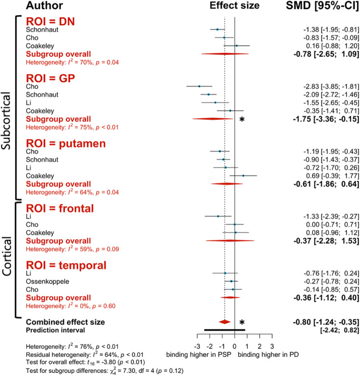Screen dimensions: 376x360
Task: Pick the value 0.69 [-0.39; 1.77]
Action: click(x=324, y=176)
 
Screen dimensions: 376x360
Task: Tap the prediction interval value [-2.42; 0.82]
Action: click(x=337, y=330)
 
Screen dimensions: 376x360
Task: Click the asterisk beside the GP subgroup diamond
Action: click(x=242, y=119)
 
